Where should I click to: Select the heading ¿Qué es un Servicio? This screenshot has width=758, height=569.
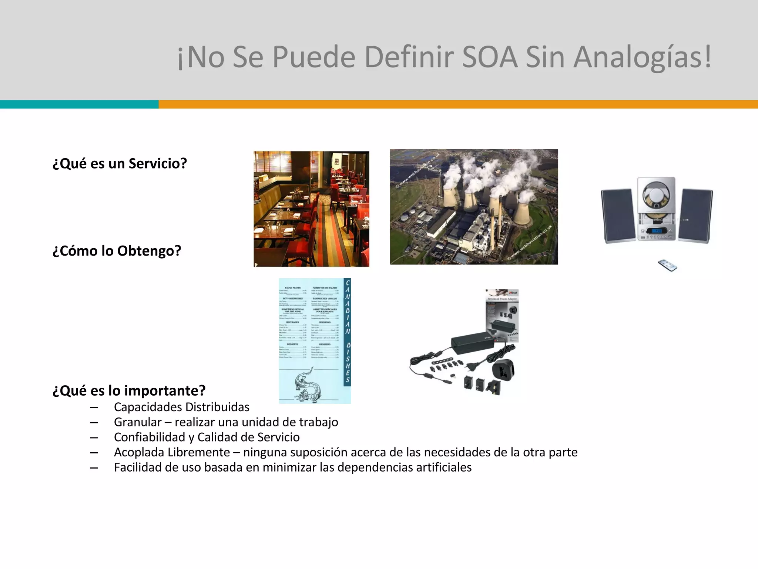(x=120, y=163)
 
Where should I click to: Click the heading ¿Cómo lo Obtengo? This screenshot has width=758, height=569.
(x=117, y=251)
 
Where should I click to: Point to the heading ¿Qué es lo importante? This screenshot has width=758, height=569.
(x=129, y=390)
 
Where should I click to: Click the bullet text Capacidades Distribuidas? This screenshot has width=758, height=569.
(x=181, y=407)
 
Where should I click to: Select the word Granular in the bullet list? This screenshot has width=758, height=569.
(x=138, y=422)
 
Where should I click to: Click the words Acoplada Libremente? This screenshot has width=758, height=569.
(x=172, y=452)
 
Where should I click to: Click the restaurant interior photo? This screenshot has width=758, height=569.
(x=311, y=209)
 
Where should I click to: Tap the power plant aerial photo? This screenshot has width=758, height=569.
(x=474, y=207)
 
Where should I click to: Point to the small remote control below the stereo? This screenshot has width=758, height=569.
(x=667, y=265)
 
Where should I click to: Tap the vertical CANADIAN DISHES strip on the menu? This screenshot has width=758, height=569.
(x=347, y=332)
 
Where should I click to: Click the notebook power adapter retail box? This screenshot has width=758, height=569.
(x=502, y=315)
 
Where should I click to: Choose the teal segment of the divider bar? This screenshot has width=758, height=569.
(x=79, y=104)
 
